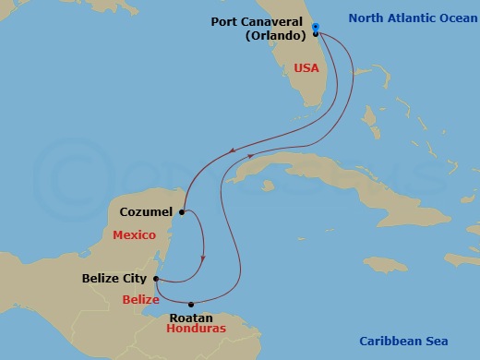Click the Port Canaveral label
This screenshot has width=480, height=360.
click(x=258, y=21)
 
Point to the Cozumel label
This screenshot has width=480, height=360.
click(x=145, y=212)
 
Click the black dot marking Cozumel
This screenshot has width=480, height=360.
click(x=182, y=212)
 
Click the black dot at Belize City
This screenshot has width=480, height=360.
click(x=156, y=278)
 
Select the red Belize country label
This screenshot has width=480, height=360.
click(x=139, y=298)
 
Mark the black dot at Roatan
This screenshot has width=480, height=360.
click(x=192, y=305)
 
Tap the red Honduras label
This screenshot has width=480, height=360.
click(x=196, y=328)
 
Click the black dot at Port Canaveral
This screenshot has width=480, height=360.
click(x=315, y=33)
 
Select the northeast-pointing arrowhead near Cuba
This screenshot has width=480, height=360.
click(x=250, y=157)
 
